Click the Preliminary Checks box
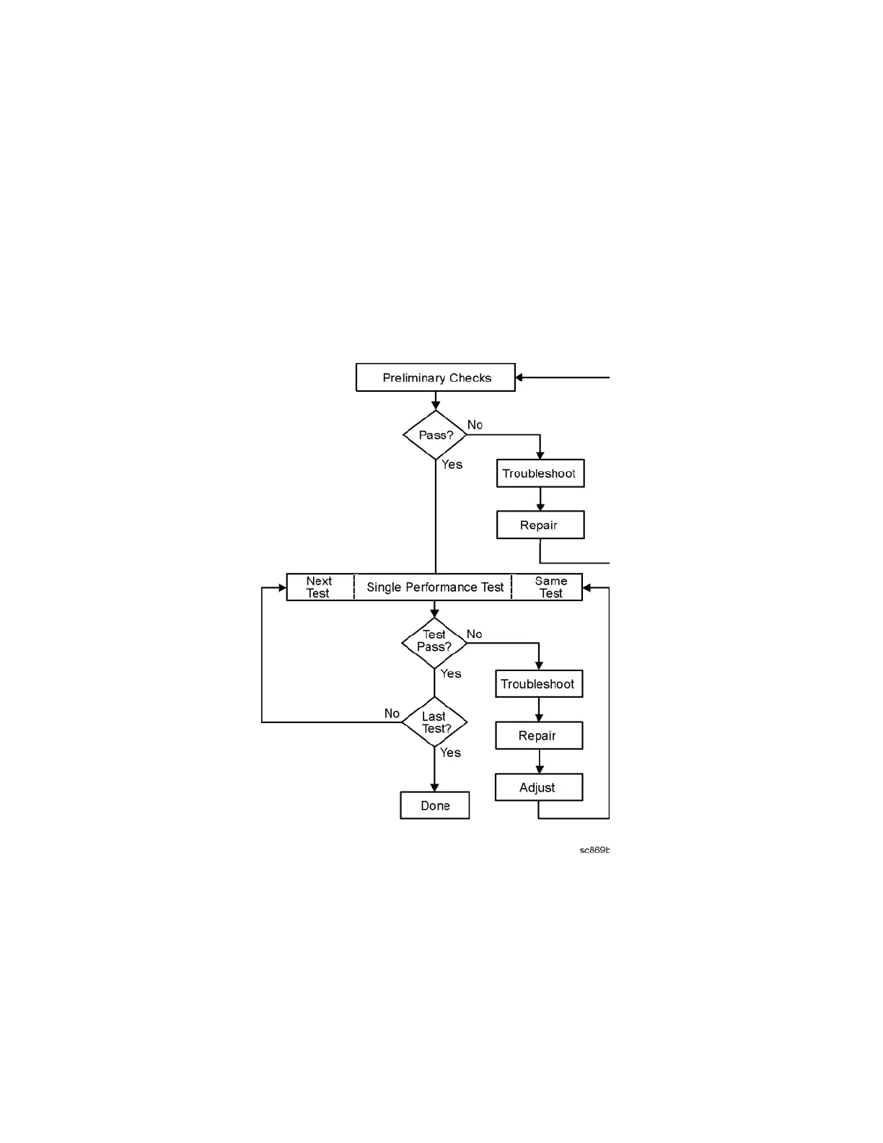[x=435, y=377]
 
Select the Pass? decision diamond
[x=435, y=435]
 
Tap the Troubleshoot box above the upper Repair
[x=540, y=473]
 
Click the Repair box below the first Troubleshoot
[x=540, y=525]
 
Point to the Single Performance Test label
[x=434, y=587]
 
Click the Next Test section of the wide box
[x=319, y=587]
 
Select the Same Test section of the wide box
[x=550, y=587]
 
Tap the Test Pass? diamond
[x=434, y=641]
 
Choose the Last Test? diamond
[x=434, y=722]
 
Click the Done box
[x=434, y=805]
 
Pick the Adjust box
[x=538, y=787]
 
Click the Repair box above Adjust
[x=538, y=736]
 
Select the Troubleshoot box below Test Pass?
[x=538, y=684]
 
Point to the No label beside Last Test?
[x=392, y=714]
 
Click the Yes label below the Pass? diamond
[x=452, y=465]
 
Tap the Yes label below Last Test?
[x=451, y=753]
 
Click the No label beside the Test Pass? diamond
[x=474, y=634]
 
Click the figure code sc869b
[x=594, y=850]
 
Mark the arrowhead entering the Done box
[x=434, y=787]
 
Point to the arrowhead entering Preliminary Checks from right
[x=519, y=377]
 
